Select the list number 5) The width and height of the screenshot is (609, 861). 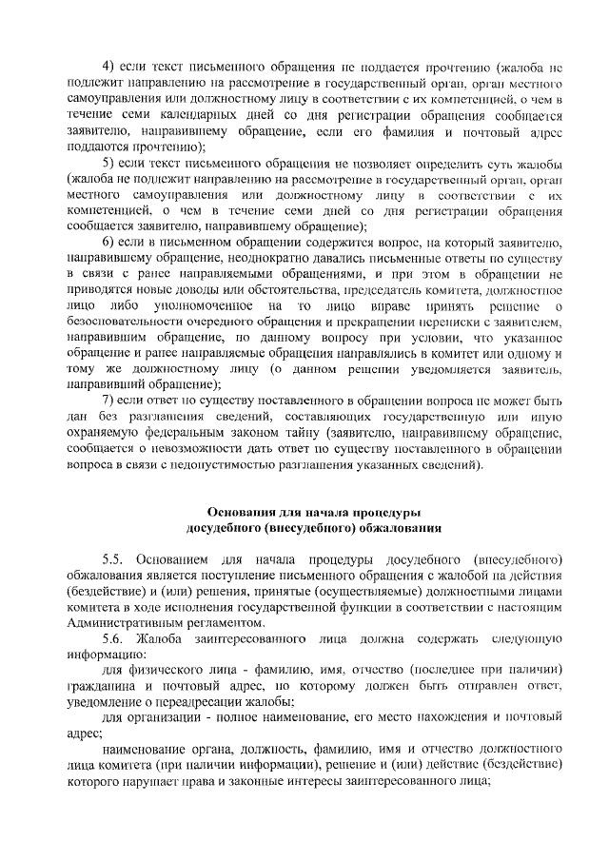108,164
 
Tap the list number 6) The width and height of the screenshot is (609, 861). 108,243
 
